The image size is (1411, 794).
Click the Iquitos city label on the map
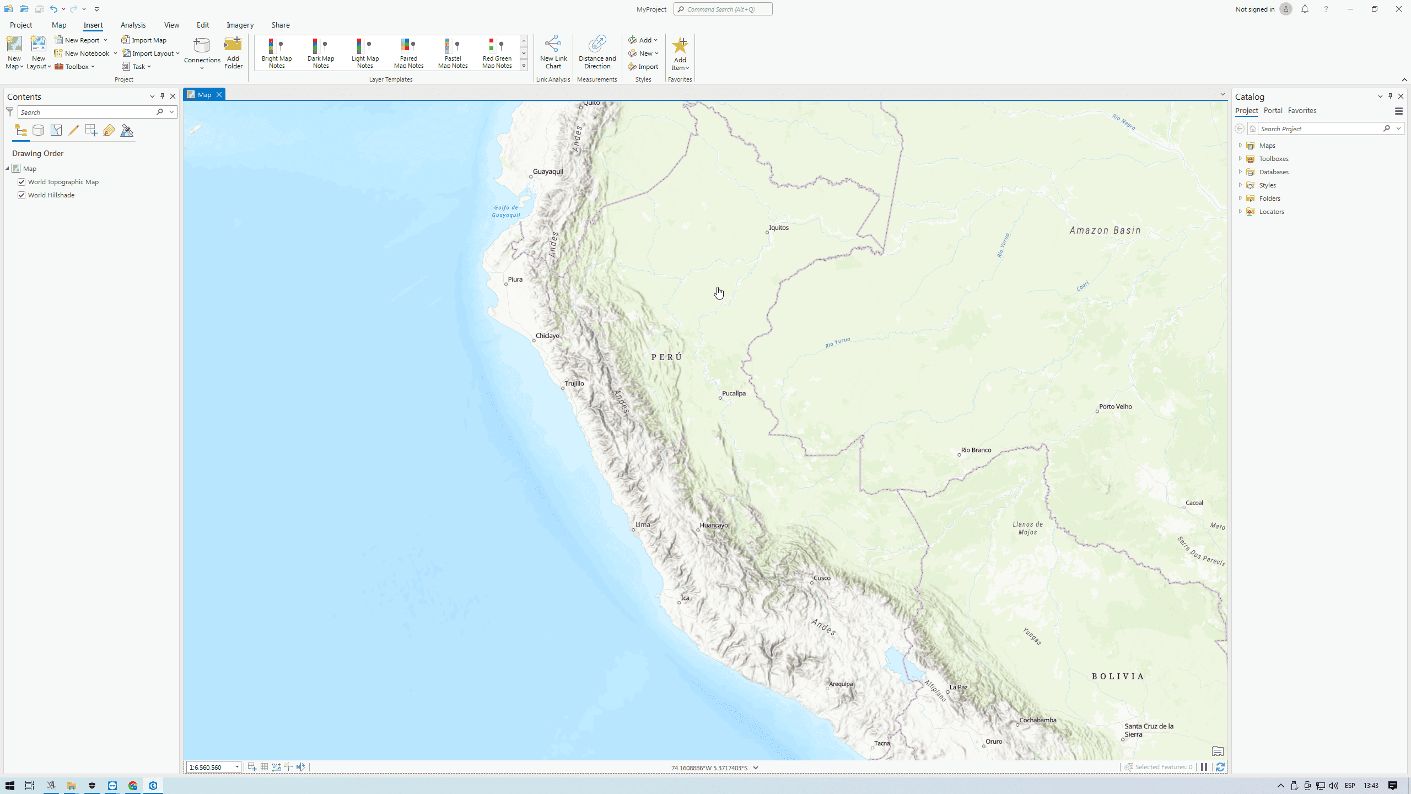(x=778, y=228)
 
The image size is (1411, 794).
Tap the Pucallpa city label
(x=734, y=393)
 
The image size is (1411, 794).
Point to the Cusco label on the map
(x=821, y=578)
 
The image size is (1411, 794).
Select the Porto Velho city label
(x=1115, y=407)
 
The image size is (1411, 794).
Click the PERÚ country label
(x=667, y=357)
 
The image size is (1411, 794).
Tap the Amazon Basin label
(x=1105, y=230)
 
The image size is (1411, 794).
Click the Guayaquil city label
(x=548, y=171)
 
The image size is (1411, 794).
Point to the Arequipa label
(x=841, y=684)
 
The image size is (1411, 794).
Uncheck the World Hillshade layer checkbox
(x=21, y=195)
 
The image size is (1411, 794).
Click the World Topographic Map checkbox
(x=21, y=182)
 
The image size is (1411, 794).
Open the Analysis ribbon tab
(x=133, y=25)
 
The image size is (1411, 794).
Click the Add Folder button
(x=233, y=53)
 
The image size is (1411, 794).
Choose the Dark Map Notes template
(x=321, y=53)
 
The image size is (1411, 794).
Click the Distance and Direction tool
(x=597, y=53)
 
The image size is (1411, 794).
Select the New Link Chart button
(x=553, y=53)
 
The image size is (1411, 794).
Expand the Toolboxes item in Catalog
(x=1240, y=159)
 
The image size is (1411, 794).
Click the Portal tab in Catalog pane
(x=1273, y=111)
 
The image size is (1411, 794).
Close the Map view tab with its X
(x=219, y=95)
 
